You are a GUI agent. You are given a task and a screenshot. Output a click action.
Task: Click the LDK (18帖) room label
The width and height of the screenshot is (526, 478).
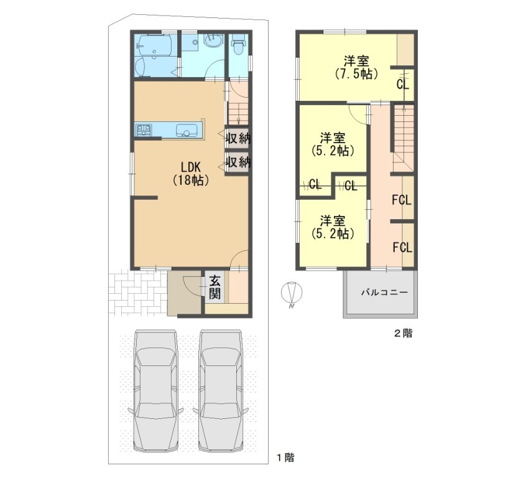click(191, 174)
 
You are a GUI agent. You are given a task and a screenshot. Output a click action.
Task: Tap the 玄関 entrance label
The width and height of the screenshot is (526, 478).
click(215, 288)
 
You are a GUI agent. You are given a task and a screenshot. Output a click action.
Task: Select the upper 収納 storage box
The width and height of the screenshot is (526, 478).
click(238, 138)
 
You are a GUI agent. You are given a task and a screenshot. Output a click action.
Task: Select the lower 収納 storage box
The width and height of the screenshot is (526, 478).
click(238, 162)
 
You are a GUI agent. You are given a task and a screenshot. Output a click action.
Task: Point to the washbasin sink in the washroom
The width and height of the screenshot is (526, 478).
click(213, 41)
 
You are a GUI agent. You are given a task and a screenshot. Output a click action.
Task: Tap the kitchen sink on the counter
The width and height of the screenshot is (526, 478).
click(186, 130)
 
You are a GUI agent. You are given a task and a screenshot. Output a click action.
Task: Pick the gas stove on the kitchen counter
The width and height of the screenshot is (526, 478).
click(143, 130)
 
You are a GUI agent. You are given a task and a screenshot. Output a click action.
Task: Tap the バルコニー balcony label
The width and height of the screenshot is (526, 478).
click(384, 293)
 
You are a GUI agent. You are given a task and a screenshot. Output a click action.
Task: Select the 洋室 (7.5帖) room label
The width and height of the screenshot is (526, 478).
click(357, 67)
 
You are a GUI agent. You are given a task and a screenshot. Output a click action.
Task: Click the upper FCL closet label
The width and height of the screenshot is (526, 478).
click(402, 200)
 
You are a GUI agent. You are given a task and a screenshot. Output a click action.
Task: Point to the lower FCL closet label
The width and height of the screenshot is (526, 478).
click(402, 248)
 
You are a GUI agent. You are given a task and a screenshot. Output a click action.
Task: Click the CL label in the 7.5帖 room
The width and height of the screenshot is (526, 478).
click(402, 84)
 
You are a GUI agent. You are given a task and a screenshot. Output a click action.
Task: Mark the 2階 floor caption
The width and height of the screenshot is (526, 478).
click(403, 333)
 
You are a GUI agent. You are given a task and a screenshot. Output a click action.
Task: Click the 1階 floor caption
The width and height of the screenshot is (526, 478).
click(285, 457)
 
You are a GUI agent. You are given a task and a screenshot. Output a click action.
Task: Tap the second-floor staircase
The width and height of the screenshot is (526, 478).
click(404, 138)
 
